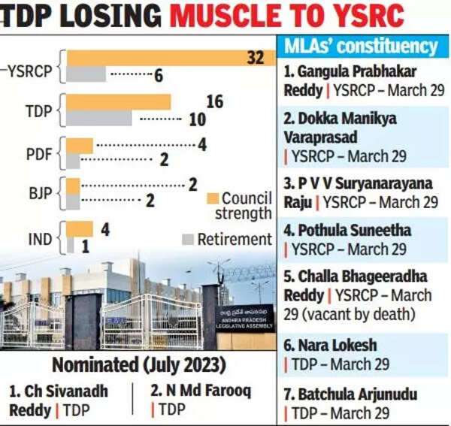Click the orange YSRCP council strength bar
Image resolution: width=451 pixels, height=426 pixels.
pos(165,57)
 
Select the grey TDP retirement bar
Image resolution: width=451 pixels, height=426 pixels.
pos(99,118)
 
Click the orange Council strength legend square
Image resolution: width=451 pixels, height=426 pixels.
pos(213,198)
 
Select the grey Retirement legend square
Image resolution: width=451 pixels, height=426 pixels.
pos(189,239)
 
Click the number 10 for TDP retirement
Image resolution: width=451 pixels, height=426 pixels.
pos(197,119)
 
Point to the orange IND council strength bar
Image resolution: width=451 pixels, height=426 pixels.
pos(80,228)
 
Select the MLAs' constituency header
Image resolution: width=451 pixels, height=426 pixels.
pos(360,47)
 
